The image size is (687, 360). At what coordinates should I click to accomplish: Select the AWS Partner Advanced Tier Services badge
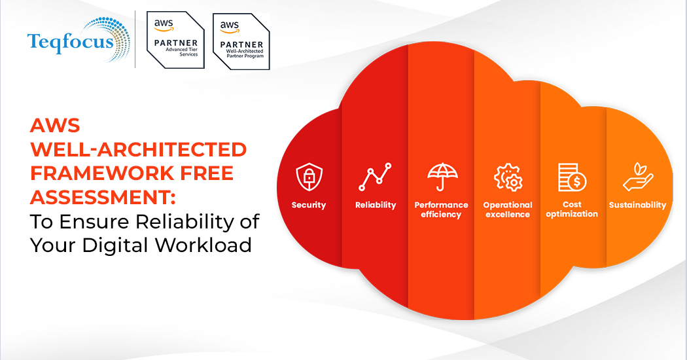[175, 39]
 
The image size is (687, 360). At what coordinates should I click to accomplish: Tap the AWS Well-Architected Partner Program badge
[241, 41]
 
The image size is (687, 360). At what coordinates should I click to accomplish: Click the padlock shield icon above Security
[309, 177]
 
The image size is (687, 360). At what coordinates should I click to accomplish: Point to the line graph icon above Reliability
[375, 177]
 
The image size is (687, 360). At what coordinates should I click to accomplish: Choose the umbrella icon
[442, 177]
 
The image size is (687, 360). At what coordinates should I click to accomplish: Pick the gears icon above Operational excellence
[508, 177]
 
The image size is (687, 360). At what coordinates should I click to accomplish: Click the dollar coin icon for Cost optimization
[572, 177]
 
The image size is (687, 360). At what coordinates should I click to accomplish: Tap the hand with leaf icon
[638, 177]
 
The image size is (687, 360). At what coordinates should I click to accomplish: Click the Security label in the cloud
[309, 206]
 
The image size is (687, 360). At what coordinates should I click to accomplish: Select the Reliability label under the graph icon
[376, 206]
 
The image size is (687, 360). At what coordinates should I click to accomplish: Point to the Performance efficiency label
[441, 209]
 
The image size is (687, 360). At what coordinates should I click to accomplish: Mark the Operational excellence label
[508, 209]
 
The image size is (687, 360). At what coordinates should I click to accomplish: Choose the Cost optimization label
[572, 209]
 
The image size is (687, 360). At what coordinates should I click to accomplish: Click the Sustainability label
[637, 206]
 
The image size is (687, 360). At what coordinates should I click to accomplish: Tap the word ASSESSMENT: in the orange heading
[103, 197]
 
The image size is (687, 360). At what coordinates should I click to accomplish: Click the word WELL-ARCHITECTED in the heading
[139, 149]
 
